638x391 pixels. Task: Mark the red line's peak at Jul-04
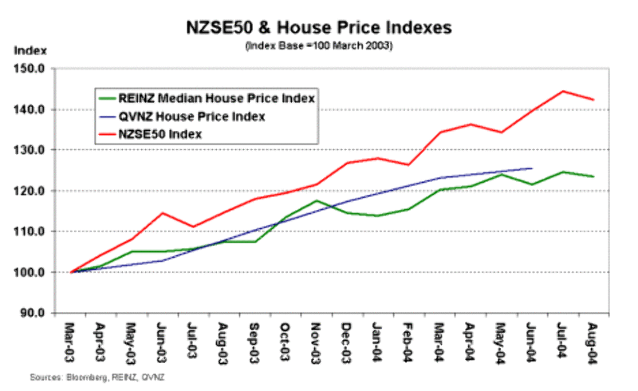(x=562, y=91)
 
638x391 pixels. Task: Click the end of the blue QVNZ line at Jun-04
(x=532, y=168)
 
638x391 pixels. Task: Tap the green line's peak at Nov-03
(x=317, y=200)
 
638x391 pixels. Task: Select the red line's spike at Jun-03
(x=162, y=213)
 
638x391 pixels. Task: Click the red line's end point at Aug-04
(x=593, y=100)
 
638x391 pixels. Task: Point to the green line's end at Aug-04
(x=593, y=176)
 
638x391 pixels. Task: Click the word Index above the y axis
(x=27, y=50)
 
